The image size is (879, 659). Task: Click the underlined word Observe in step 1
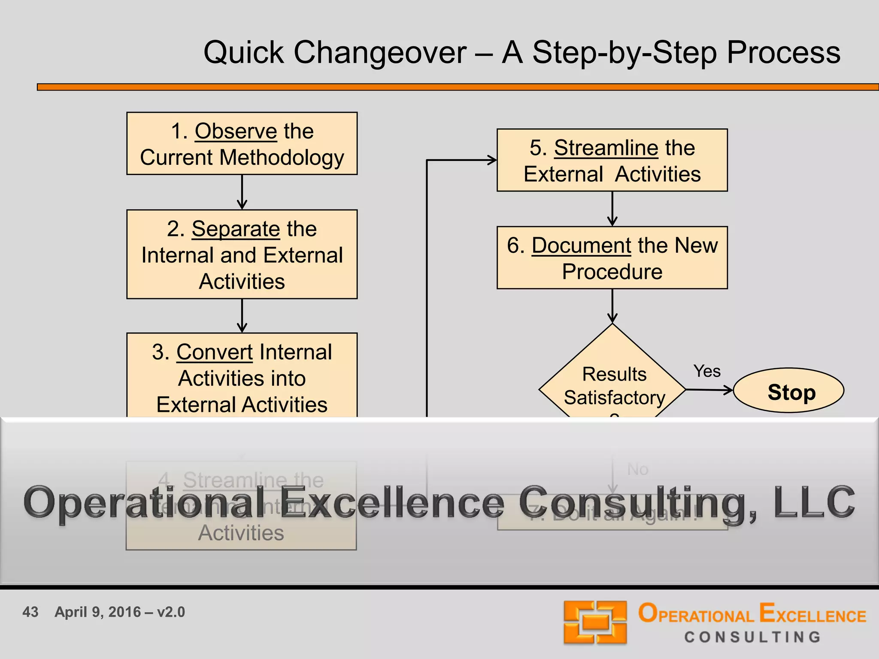tap(236, 131)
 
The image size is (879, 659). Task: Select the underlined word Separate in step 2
tap(236, 229)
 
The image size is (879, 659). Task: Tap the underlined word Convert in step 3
tap(214, 352)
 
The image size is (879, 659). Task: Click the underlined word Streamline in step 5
tap(606, 148)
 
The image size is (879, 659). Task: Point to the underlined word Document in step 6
tap(581, 245)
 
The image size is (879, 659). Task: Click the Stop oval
tap(788, 391)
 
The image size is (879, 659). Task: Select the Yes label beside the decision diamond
tap(707, 372)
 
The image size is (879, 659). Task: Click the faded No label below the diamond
tap(637, 469)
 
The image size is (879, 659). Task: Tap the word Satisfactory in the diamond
tap(614, 398)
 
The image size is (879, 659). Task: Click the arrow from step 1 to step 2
tap(242, 192)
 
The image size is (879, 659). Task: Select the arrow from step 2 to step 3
tap(242, 316)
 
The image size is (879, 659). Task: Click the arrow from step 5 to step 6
tap(612, 209)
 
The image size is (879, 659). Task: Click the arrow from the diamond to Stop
tap(709, 390)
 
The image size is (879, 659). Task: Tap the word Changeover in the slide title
tap(380, 53)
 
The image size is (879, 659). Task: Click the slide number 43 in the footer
tap(30, 612)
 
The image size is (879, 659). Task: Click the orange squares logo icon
tap(595, 622)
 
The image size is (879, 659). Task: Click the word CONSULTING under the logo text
tap(752, 637)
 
